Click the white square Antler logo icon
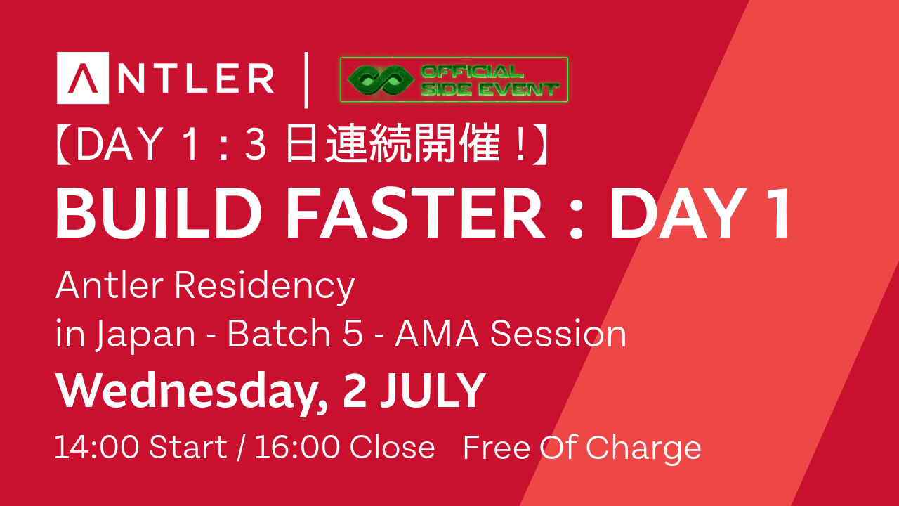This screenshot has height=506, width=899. coord(83,78)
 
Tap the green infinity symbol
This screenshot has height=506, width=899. coord(381,80)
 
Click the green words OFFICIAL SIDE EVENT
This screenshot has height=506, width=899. coord(490,80)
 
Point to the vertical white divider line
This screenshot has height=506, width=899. coord(306,80)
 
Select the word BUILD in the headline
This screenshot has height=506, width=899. coord(159,214)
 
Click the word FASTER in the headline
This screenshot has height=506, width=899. coord(415,214)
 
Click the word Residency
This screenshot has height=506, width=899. coord(265,287)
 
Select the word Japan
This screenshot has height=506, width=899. coord(145,336)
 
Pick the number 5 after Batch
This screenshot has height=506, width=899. coord(353,333)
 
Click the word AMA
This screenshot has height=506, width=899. coord(437,333)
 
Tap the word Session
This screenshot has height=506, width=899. coord(558,333)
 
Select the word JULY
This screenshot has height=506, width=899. coord(433,390)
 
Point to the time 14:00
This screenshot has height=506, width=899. coord(97,447)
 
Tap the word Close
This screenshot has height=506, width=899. coord(392,447)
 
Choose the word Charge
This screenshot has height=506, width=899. coord(643,449)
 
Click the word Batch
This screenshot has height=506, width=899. coord(279,333)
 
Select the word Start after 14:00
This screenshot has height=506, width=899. coord(188,447)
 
